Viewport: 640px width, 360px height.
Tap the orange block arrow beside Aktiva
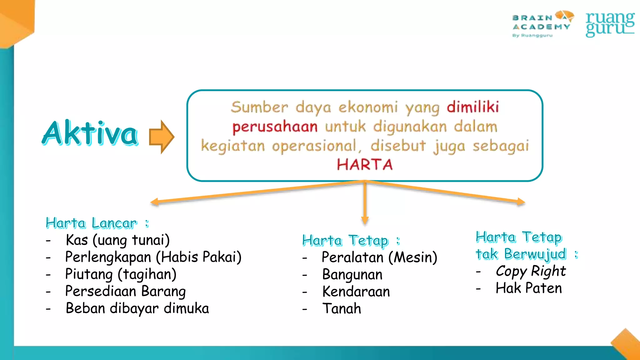pyautogui.click(x=161, y=137)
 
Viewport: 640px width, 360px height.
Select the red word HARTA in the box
pyautogui.click(x=364, y=165)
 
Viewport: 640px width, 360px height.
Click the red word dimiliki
pyautogui.click(x=472, y=107)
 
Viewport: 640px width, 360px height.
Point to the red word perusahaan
pyautogui.click(x=275, y=127)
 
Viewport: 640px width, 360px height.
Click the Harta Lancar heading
pyautogui.click(x=91, y=223)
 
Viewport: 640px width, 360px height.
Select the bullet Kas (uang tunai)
pyautogui.click(x=117, y=240)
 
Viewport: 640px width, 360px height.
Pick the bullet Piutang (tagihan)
pyautogui.click(x=121, y=274)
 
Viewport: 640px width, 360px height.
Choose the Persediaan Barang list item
pyautogui.click(x=125, y=291)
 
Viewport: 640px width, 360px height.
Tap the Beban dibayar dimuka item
pyautogui.click(x=137, y=308)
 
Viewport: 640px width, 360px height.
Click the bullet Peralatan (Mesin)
pyautogui.click(x=379, y=257)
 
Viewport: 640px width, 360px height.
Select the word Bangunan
pyautogui.click(x=352, y=275)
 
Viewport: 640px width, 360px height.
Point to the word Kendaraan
pyautogui.click(x=356, y=292)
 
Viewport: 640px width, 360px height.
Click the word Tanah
pyautogui.click(x=342, y=309)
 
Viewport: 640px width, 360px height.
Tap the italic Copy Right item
pyautogui.click(x=531, y=271)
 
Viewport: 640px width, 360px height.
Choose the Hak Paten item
pyautogui.click(x=529, y=288)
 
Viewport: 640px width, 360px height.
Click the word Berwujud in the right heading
pyautogui.click(x=535, y=254)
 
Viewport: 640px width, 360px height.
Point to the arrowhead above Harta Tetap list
pyautogui.click(x=365, y=220)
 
